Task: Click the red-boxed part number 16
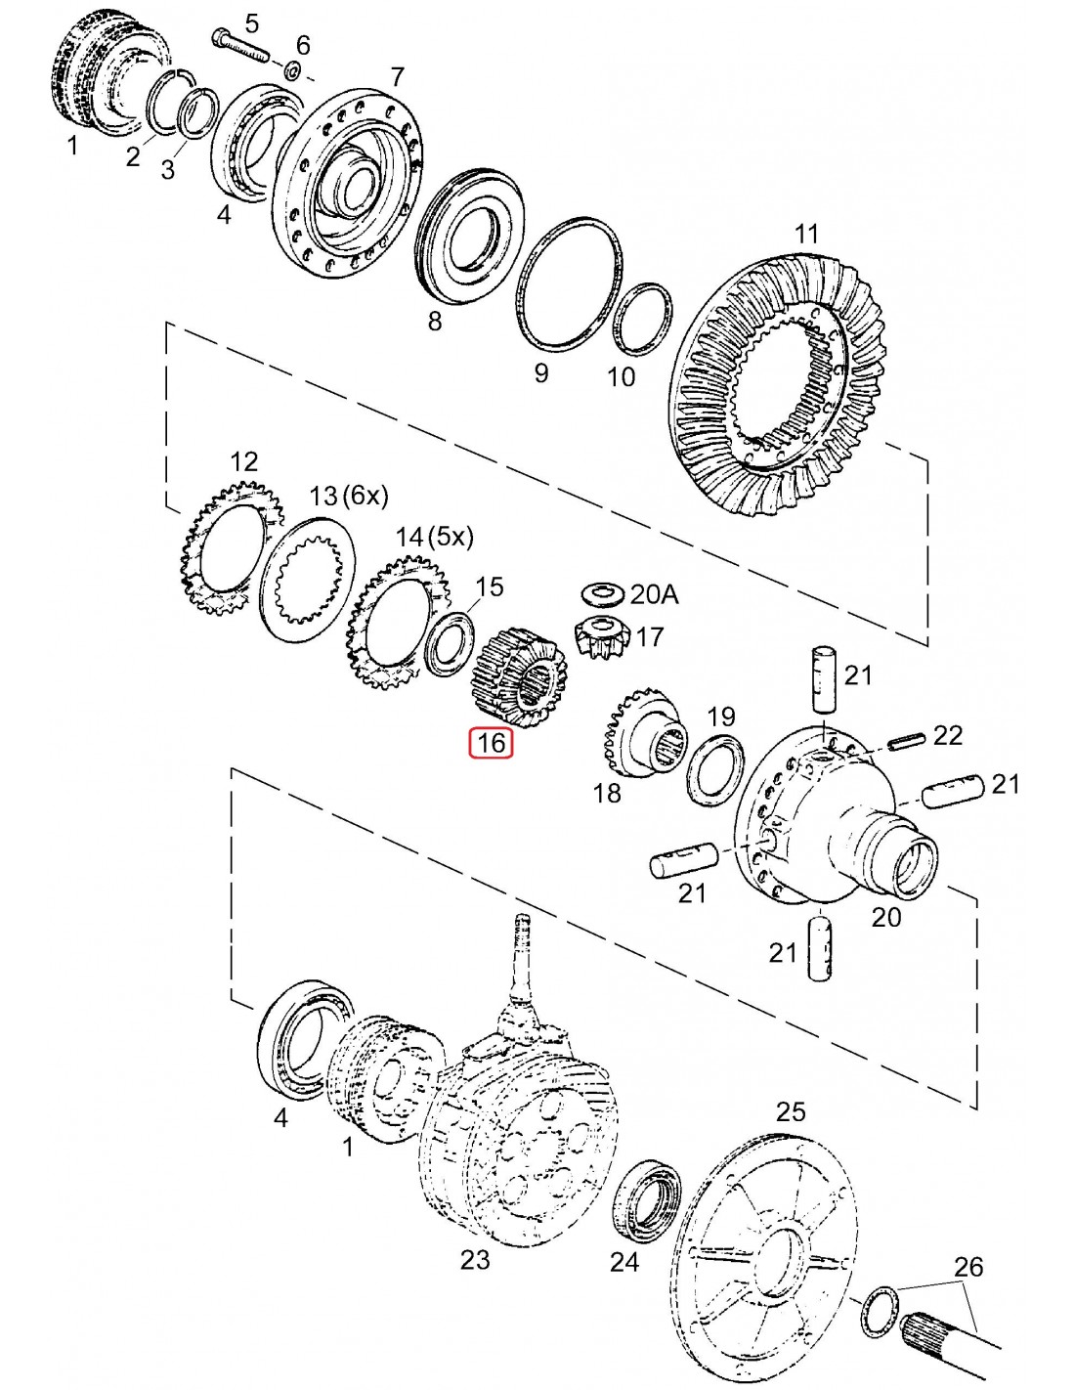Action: (491, 743)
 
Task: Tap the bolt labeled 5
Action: (238, 45)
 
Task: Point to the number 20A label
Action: (655, 594)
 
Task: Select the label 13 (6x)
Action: (349, 496)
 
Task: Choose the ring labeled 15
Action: (451, 643)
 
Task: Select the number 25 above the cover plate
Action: (791, 1111)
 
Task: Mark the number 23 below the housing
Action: (475, 1260)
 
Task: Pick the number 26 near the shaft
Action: (967, 1267)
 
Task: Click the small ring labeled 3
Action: (200, 112)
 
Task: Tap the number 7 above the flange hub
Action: (397, 77)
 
